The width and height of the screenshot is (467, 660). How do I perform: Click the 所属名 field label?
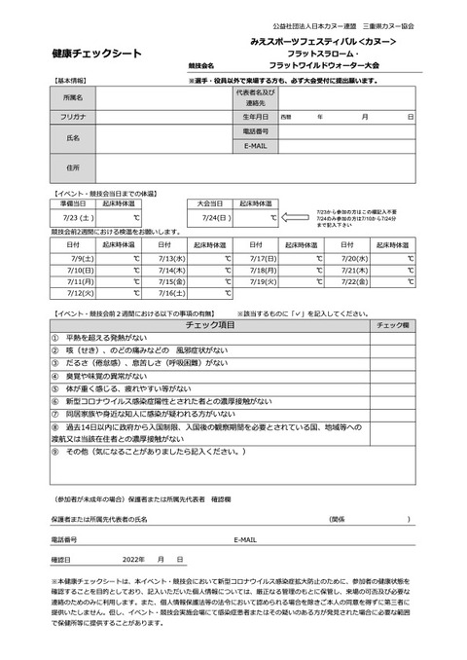(x=72, y=98)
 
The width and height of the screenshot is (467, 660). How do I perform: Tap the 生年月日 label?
(x=254, y=116)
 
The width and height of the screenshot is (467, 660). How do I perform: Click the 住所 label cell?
(x=72, y=167)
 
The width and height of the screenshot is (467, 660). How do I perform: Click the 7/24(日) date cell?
(x=212, y=218)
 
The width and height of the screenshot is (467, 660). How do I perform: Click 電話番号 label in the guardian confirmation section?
(x=63, y=538)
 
